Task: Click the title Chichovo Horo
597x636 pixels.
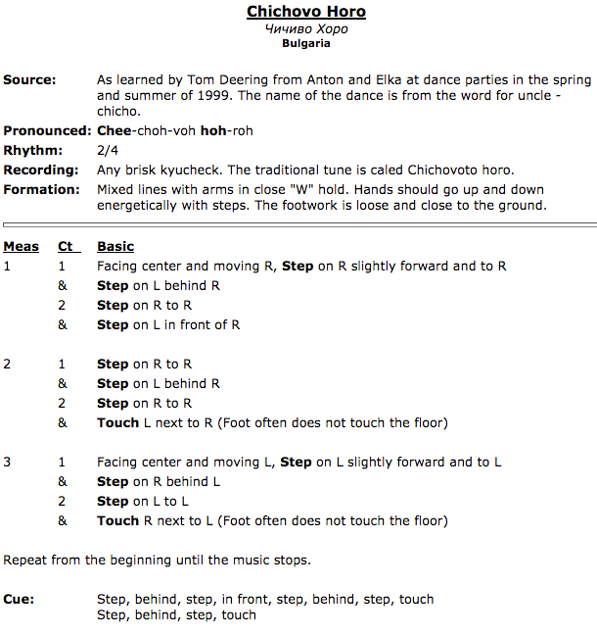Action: [x=306, y=12]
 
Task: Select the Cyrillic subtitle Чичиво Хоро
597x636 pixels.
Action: [x=306, y=28]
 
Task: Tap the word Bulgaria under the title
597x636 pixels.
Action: [x=306, y=43]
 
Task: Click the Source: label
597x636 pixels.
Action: [x=29, y=79]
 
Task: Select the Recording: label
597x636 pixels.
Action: [x=40, y=170]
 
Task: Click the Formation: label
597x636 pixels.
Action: [x=41, y=189]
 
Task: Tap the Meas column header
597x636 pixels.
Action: [x=21, y=246]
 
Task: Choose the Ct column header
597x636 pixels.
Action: [x=66, y=246]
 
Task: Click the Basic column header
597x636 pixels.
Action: [x=115, y=246]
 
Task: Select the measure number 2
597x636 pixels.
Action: [x=7, y=364]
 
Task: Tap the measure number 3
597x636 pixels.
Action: [x=7, y=462]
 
